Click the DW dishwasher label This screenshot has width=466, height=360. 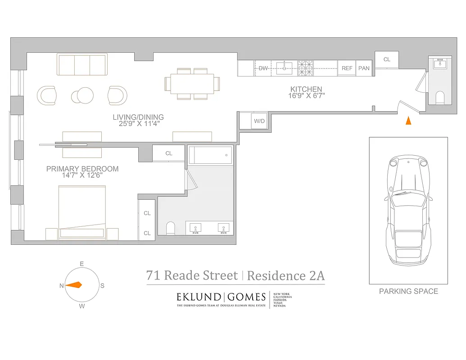(263, 68)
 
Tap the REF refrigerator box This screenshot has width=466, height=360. (347, 68)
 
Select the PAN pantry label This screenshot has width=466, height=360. (364, 68)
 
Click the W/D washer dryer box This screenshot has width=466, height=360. (259, 121)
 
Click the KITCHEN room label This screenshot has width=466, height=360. (306, 90)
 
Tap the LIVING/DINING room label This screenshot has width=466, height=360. (138, 118)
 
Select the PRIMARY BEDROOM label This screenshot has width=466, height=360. (82, 169)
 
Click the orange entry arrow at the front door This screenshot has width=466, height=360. (408, 121)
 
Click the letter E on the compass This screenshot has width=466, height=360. (82, 264)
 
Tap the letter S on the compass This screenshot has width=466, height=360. (102, 286)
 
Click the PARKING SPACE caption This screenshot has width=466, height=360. (408, 292)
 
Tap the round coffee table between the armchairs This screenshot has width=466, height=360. (81, 95)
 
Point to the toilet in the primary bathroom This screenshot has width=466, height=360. (170, 229)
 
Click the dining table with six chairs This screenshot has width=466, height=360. (192, 84)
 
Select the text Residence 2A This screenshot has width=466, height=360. (286, 275)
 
